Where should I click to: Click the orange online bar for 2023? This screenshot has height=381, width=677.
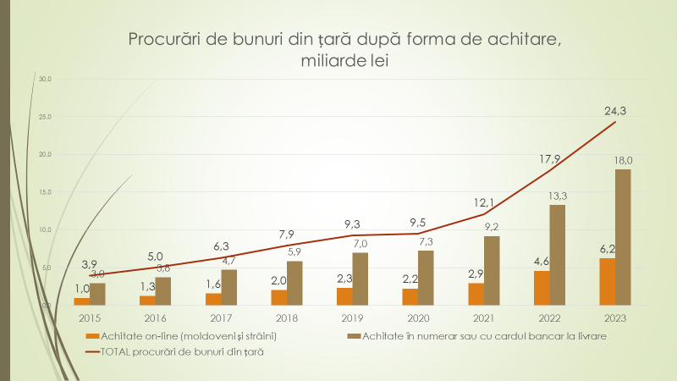pos(607,281)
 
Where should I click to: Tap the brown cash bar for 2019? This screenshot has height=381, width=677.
pos(360,279)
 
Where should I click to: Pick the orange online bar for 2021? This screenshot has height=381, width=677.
pos(476,293)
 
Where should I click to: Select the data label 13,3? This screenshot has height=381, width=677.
pos(558,196)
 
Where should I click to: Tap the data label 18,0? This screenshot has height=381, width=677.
pos(624,160)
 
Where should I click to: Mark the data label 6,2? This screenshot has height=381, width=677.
pos(606,249)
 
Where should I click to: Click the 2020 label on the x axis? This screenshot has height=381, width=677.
pos(417,319)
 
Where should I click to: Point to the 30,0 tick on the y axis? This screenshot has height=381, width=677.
pos(46,79)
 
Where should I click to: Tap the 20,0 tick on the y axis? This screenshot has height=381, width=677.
pos(46,154)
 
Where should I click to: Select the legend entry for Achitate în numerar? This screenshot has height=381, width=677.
pos(483,337)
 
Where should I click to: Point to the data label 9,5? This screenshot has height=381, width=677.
pos(418,222)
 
